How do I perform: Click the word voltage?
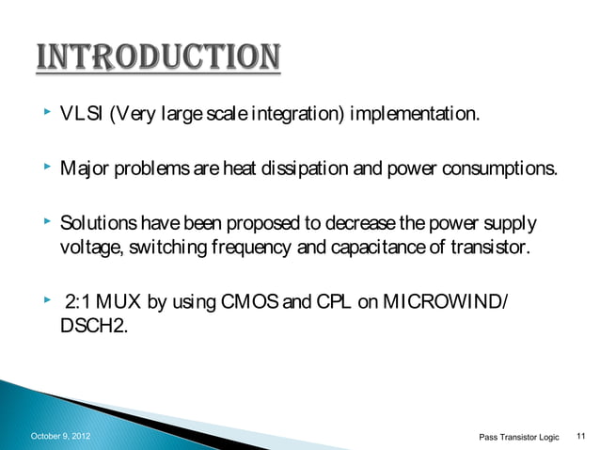tap(86, 248)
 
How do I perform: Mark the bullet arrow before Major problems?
tap(45, 169)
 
